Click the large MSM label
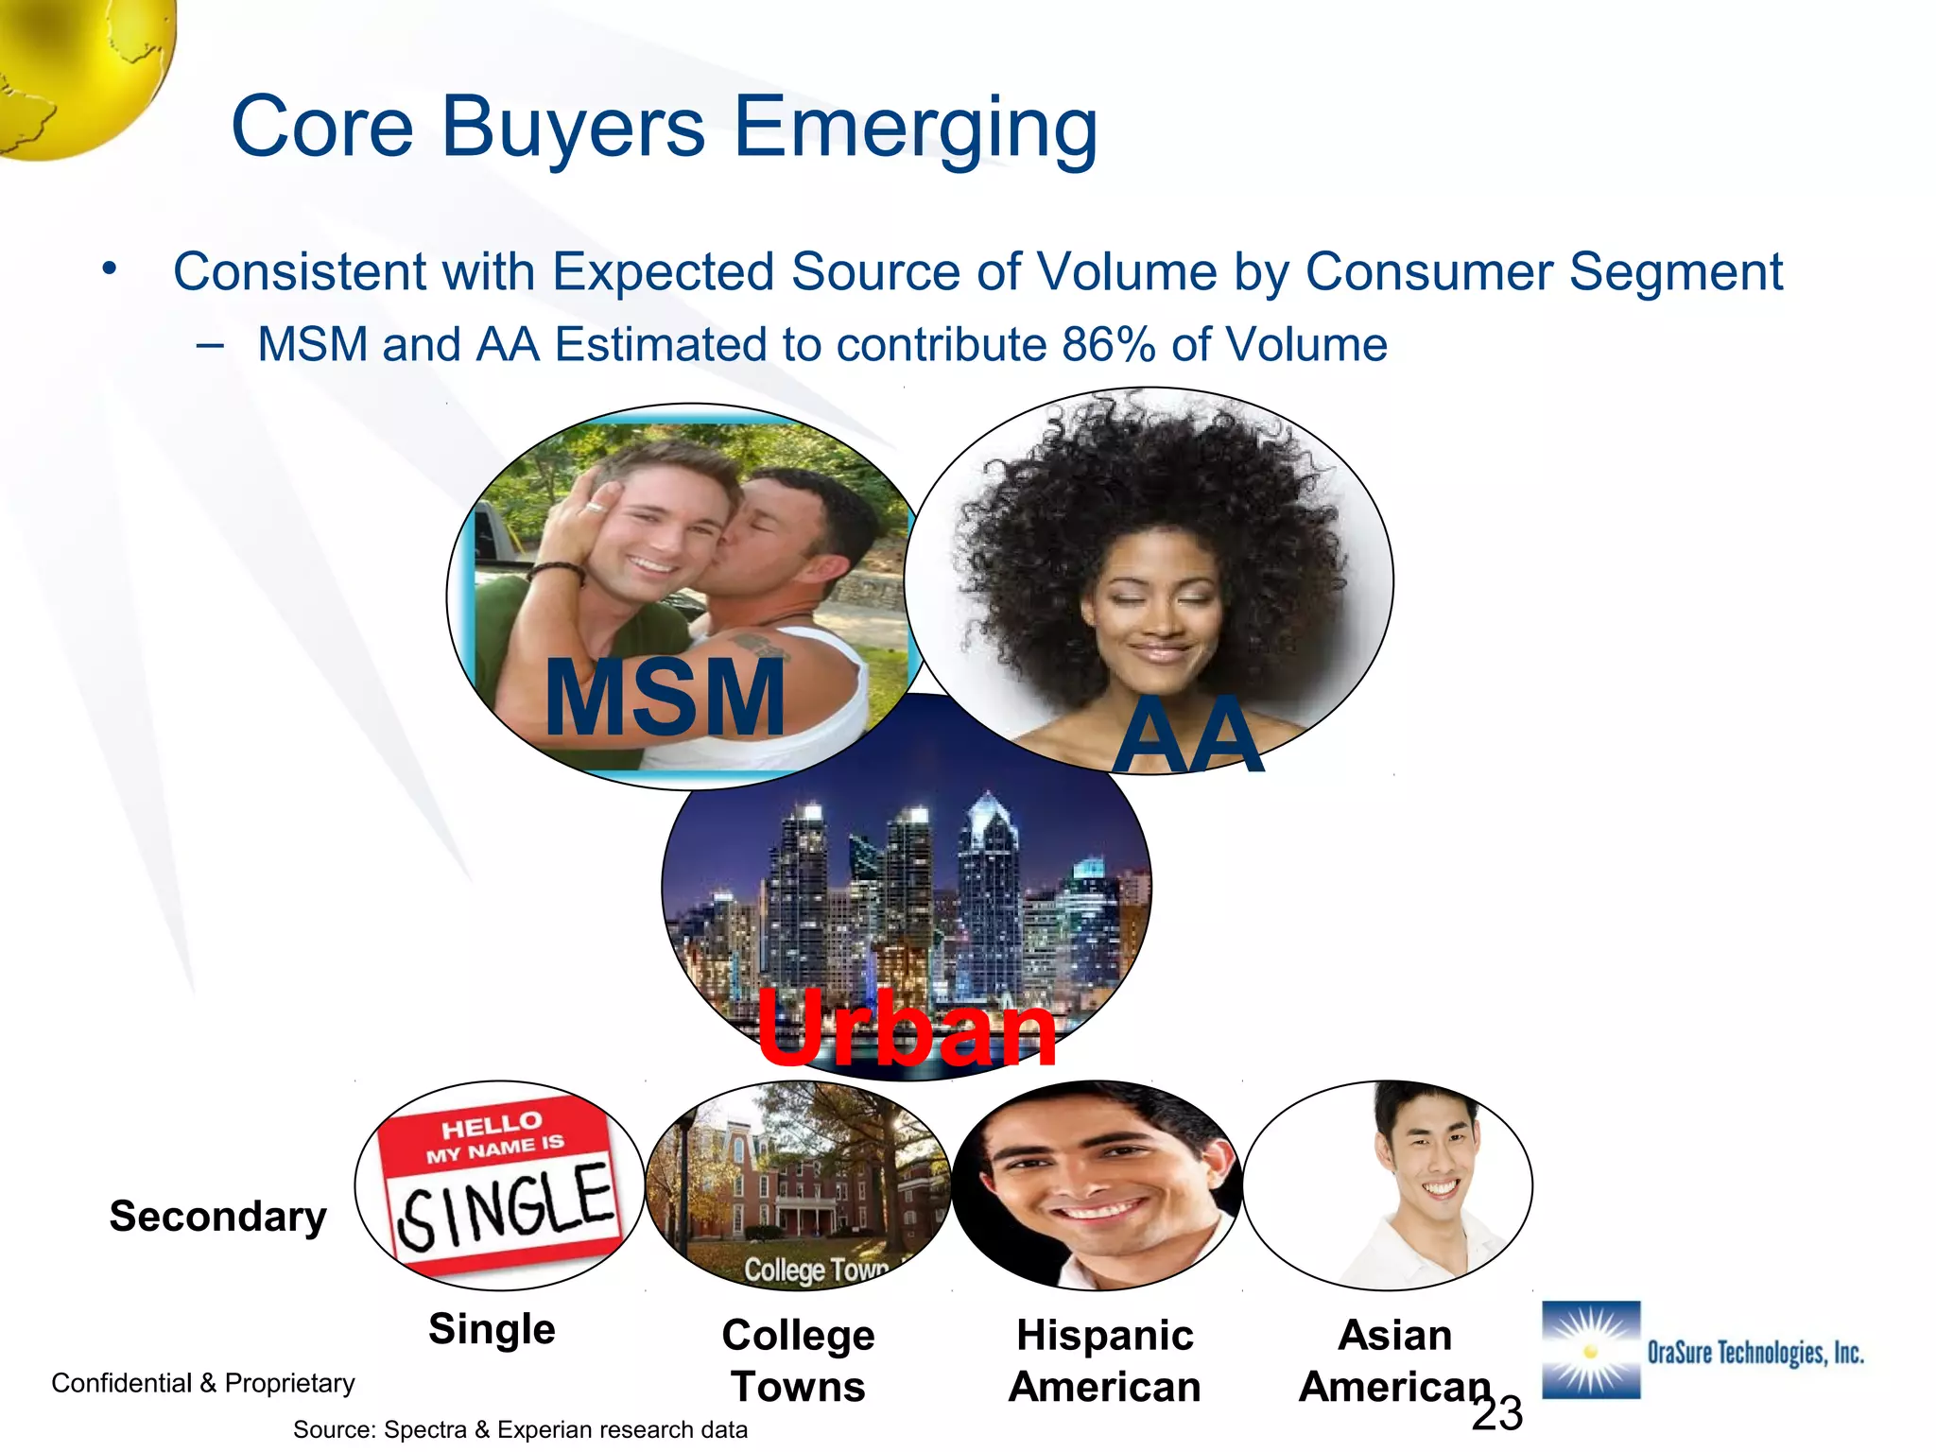665,698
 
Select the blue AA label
1187,735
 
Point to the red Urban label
906,1028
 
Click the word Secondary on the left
217,1216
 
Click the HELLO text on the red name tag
492,1125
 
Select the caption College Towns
798,1360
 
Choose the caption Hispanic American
1104,1360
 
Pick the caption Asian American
1394,1360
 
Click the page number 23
1497,1414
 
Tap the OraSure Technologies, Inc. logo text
1754,1353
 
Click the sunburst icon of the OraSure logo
1591,1350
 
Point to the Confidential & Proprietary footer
202,1383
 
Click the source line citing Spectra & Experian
520,1429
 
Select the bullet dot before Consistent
111,268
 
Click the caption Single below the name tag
492,1328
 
